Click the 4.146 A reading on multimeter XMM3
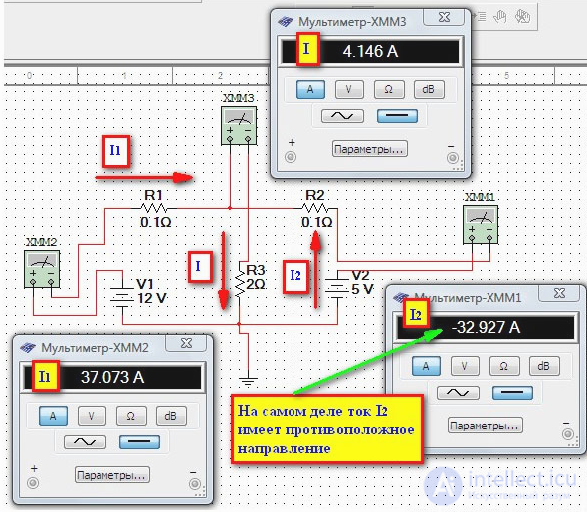pyautogui.click(x=370, y=51)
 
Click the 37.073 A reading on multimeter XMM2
pyautogui.click(x=112, y=377)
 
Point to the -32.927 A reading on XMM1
pyautogui.click(x=486, y=328)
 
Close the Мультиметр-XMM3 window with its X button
pyautogui.click(x=444, y=17)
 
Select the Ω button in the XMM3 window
pyautogui.click(x=389, y=89)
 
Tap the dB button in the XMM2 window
pyautogui.click(x=171, y=416)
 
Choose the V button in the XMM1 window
pyautogui.click(x=465, y=366)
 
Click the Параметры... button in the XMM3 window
pyautogui.click(x=369, y=149)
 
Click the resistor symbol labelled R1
pyautogui.click(x=154, y=208)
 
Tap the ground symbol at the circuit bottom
pyautogui.click(x=248, y=381)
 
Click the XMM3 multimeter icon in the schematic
pyautogui.click(x=239, y=125)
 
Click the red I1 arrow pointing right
pyautogui.click(x=144, y=178)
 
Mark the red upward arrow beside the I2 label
pyautogui.click(x=316, y=269)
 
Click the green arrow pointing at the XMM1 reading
pyautogui.click(x=368, y=361)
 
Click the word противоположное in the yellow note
pyautogui.click(x=349, y=430)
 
